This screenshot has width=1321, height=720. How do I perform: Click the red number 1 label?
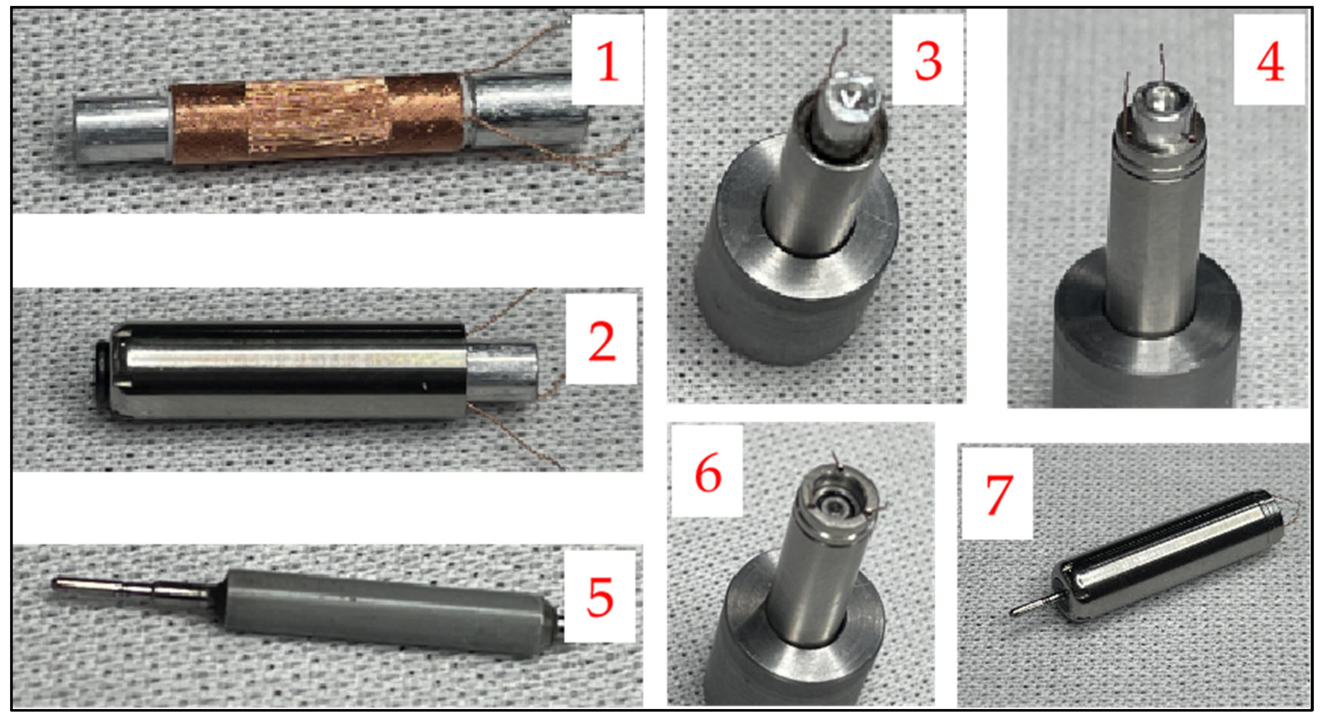coord(608,63)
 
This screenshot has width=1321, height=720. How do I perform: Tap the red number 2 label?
coord(602,342)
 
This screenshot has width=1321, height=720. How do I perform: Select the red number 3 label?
coord(928,62)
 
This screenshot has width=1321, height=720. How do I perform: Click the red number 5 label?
coord(600,597)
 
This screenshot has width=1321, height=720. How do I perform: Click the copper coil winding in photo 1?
coord(318,119)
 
